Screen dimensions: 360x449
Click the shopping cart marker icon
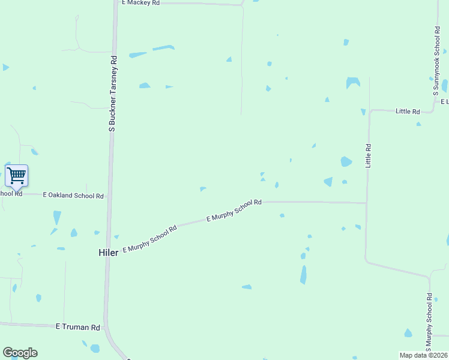coord(16,176)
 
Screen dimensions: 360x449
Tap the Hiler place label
coord(108,253)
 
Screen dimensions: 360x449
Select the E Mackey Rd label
coord(140,3)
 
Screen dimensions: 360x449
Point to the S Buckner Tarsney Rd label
coord(112,94)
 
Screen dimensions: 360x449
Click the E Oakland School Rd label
coord(73,196)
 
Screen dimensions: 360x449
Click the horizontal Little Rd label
coord(408,112)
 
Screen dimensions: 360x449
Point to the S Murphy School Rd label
coord(429,322)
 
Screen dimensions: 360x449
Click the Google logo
coord(20,353)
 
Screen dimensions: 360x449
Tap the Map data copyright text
coord(424,355)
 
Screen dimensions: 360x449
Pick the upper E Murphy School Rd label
coord(234,211)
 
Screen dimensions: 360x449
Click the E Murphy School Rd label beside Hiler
coord(149,239)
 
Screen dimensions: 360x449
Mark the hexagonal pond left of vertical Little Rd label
coord(346,161)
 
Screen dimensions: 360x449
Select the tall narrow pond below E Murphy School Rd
coord(303,275)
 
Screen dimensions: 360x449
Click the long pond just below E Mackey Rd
coord(163,47)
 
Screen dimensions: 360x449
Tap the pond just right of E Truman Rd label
coord(95,348)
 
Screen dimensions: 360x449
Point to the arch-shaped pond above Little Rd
coord(353,83)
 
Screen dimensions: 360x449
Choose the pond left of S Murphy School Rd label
coord(408,333)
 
